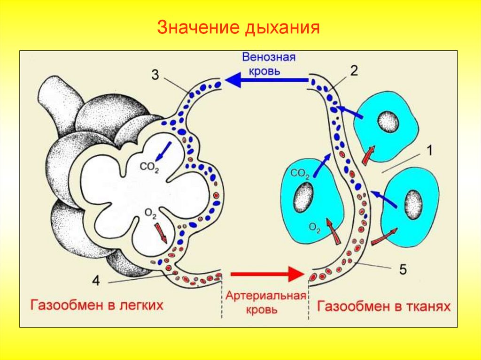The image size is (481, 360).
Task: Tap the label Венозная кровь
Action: point(268,64)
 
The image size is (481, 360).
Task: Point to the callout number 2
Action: point(354,70)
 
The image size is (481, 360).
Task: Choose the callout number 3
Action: point(156,74)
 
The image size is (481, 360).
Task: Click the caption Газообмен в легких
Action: point(97,306)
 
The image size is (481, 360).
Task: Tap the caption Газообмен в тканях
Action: point(384,307)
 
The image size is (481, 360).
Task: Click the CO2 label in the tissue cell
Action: point(299,174)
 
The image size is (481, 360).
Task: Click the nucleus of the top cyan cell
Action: point(388,123)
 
